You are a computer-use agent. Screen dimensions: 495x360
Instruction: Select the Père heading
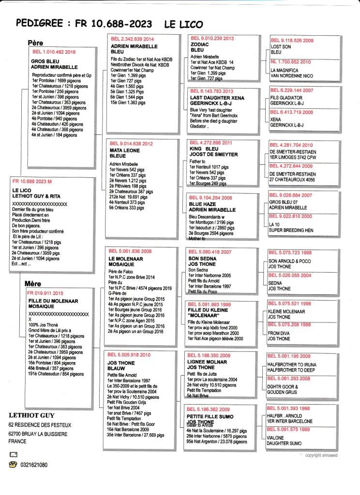pos(35,43)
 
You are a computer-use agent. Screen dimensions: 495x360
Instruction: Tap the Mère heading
pos(33,284)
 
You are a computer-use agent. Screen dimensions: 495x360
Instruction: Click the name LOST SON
pos(280,46)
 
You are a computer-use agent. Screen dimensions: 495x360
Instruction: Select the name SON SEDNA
pos(201,258)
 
